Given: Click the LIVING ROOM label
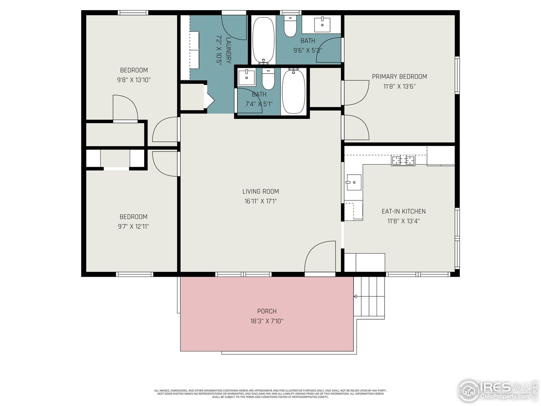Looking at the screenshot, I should click(x=260, y=191).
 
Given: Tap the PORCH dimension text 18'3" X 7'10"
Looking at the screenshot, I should click(x=267, y=321).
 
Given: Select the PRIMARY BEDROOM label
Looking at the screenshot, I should click(x=399, y=77).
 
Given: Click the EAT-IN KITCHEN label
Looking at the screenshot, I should click(x=404, y=211).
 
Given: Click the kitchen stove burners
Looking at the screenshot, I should click(x=403, y=161).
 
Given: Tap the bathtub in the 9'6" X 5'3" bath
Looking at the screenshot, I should click(x=263, y=40).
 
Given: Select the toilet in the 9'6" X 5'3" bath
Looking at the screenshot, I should click(x=290, y=26).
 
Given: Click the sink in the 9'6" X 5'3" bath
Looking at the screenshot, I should click(x=323, y=24).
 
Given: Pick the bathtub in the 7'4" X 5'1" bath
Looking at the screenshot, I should click(x=293, y=91).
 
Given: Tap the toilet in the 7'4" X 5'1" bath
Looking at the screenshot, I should click(x=268, y=78).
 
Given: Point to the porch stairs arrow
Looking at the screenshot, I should click(x=356, y=296).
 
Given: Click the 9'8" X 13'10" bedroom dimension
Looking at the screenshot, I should click(x=134, y=80).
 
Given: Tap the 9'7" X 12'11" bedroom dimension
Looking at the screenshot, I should click(x=134, y=226).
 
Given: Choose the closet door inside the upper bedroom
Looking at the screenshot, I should click(x=125, y=108).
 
